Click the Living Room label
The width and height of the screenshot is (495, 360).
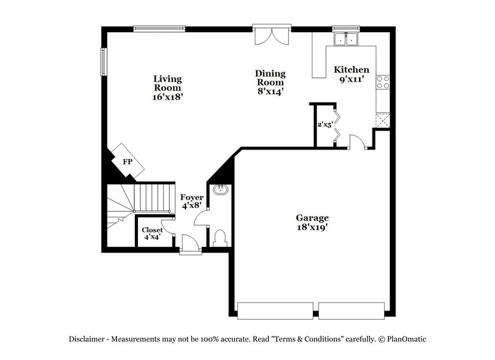point(168,87)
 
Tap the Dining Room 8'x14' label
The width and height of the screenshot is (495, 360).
point(270,82)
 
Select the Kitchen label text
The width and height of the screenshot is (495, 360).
point(351,70)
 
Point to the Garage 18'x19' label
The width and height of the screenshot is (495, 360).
point(311,222)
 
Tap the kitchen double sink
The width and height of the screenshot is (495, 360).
point(346,40)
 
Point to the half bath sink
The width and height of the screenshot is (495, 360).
point(220,190)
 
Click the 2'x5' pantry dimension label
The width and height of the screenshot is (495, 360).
point(325,124)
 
